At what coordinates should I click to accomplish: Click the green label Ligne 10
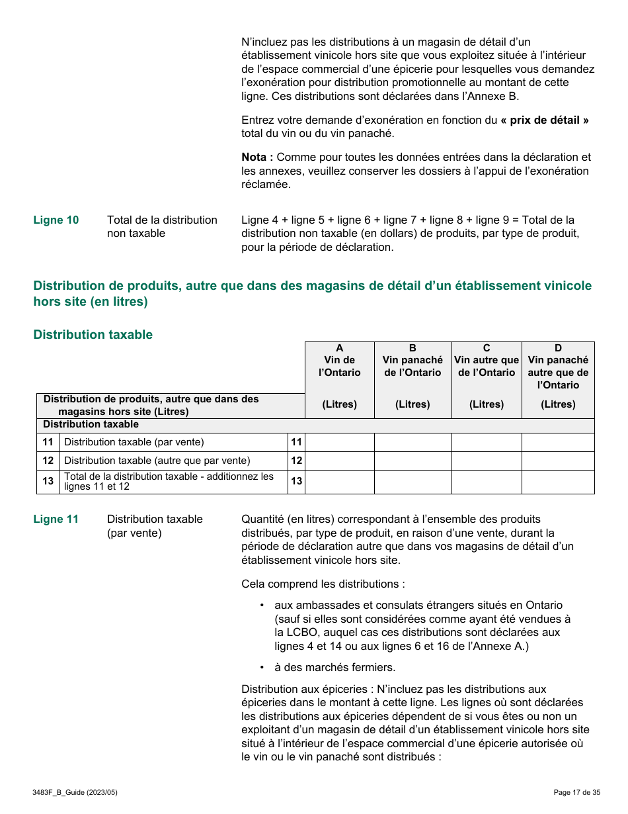tap(56, 220)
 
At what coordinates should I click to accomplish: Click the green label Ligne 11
tap(56, 519)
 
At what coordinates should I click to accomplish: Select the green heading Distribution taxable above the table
tap(93, 334)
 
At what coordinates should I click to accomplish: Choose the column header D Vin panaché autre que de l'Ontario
tap(558, 367)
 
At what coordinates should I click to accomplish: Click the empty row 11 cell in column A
tap(339, 442)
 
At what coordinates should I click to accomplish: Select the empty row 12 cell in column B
tap(412, 461)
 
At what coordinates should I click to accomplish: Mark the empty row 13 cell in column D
tap(558, 482)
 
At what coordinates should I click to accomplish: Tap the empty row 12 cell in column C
tap(487, 461)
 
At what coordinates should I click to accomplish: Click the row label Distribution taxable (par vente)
tap(134, 442)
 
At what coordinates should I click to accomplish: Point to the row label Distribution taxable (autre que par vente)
tap(157, 461)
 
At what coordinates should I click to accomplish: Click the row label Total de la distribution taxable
tap(169, 481)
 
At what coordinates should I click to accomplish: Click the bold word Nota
tap(257, 157)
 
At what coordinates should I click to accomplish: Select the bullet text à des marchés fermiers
tap(334, 667)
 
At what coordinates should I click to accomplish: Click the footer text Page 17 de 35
tap(576, 792)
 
